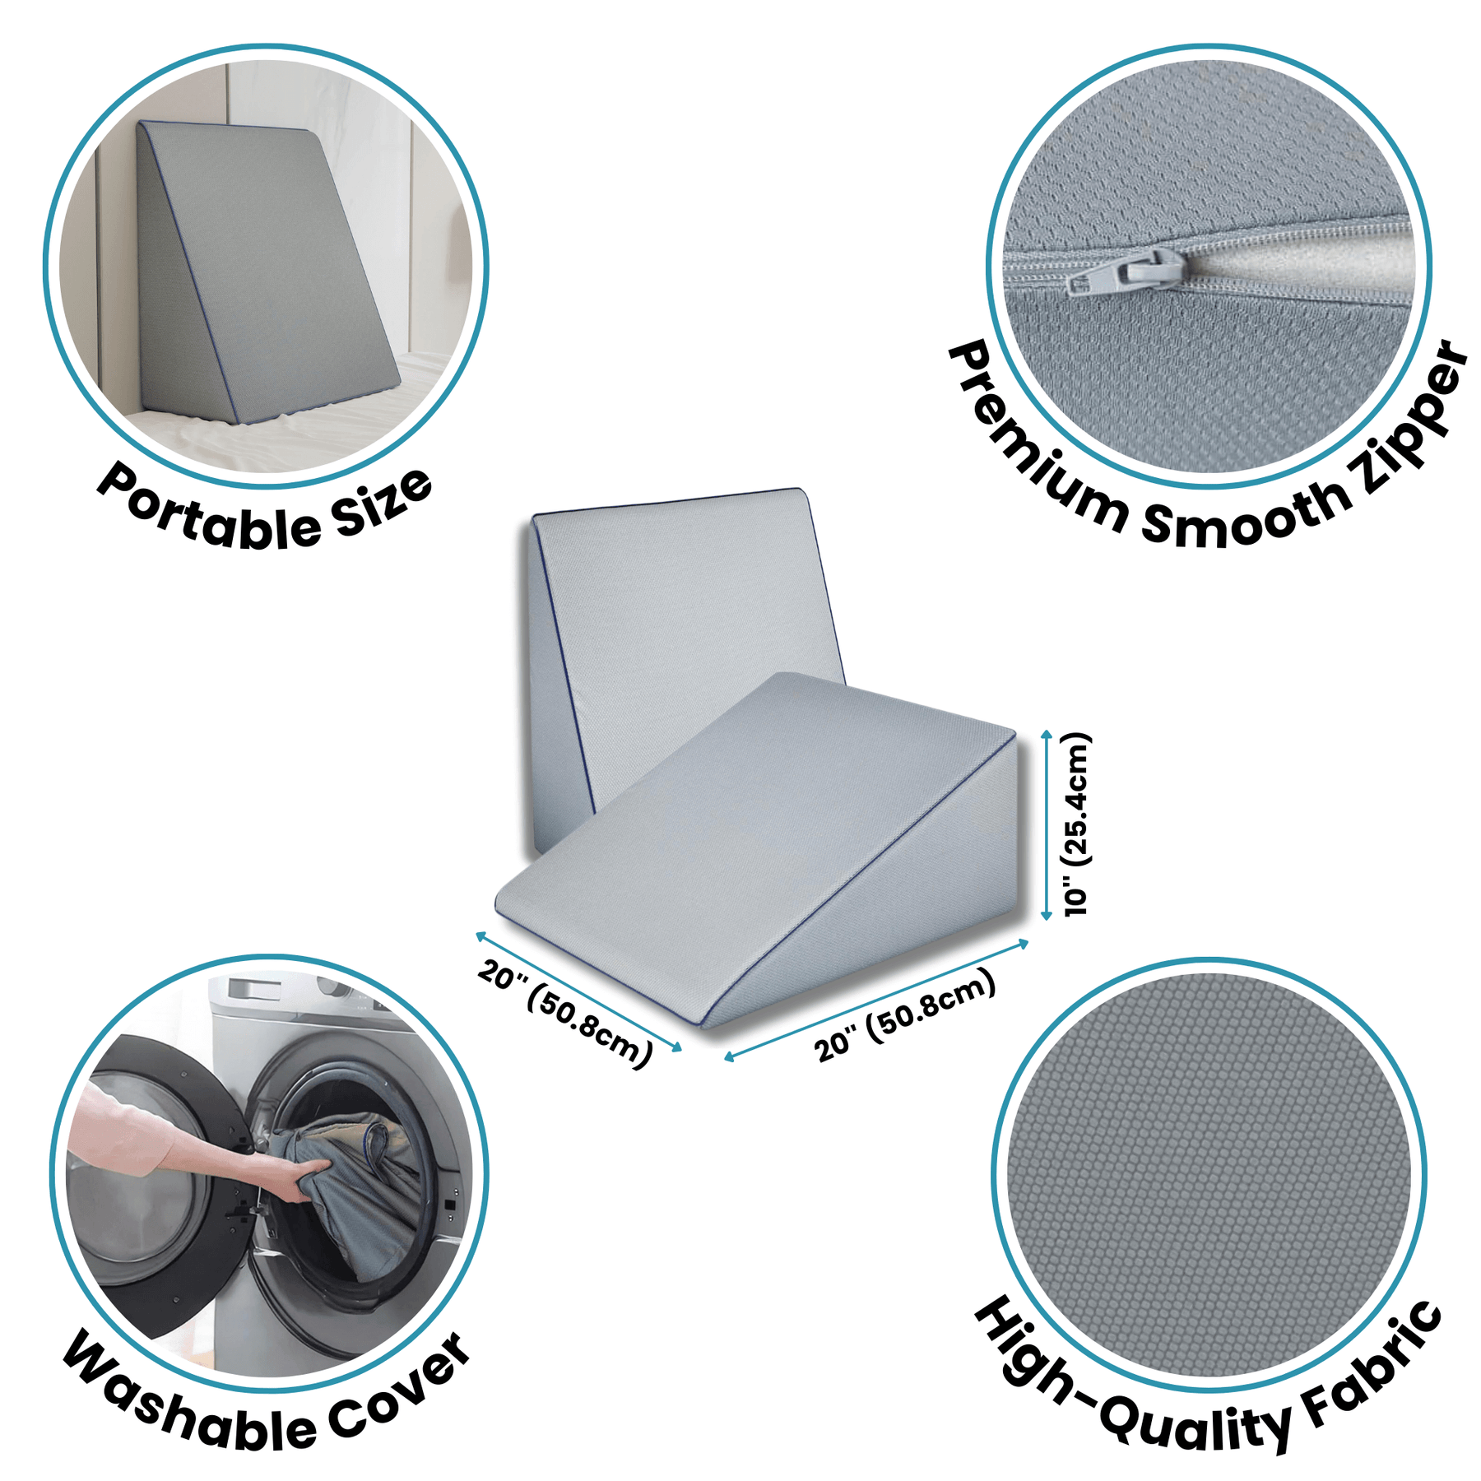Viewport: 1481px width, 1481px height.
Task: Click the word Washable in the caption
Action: [x=189, y=1404]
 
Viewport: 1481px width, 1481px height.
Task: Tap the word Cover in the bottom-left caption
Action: [x=400, y=1390]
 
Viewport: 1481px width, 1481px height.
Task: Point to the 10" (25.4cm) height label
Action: [x=1076, y=824]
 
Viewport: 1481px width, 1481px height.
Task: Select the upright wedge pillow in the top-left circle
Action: [x=263, y=272]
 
